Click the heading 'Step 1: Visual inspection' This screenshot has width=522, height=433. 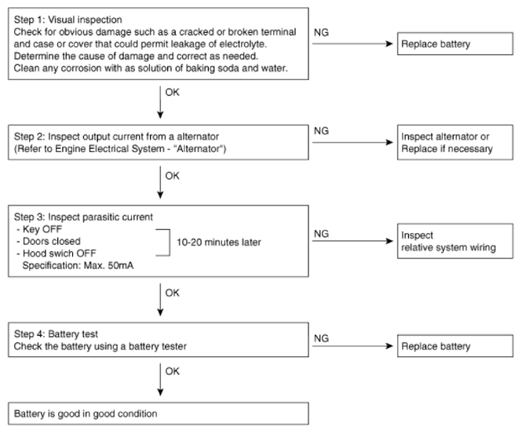click(x=68, y=20)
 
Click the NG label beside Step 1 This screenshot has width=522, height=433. click(x=321, y=32)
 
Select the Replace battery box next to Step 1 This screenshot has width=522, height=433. click(x=455, y=44)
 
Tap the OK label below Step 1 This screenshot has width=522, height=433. click(x=172, y=92)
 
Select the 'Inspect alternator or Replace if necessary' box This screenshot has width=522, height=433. click(x=455, y=142)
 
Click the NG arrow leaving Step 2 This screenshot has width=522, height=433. click(x=352, y=142)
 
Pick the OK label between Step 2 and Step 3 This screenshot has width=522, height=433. click(x=172, y=176)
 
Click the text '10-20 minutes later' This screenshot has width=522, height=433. click(x=219, y=242)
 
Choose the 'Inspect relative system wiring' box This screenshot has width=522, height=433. click(x=455, y=241)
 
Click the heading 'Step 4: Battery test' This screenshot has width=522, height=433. click(x=56, y=334)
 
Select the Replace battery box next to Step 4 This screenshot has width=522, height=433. click(x=455, y=346)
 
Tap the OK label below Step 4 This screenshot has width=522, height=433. click(x=172, y=371)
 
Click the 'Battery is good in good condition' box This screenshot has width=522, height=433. click(x=159, y=413)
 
